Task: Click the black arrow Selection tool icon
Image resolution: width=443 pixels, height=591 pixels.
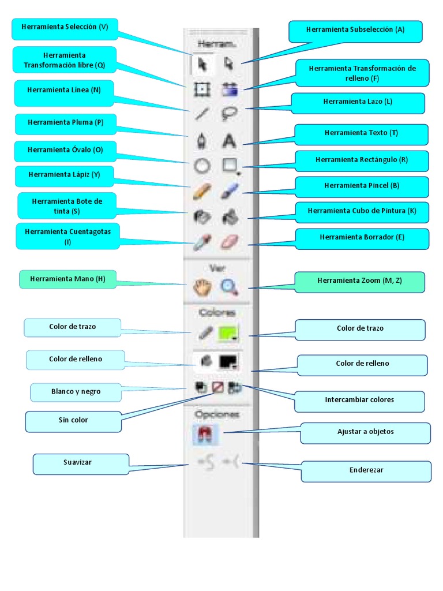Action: point(202,64)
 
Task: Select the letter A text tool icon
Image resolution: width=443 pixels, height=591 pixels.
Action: point(229,140)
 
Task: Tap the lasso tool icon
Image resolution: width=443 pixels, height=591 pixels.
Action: point(229,114)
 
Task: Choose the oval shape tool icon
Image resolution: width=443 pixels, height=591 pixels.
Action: point(201,166)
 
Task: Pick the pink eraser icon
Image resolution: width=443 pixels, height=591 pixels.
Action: point(229,242)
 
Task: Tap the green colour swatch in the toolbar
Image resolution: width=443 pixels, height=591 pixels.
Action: point(229,333)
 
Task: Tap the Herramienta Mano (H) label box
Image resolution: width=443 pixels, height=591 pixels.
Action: point(68,279)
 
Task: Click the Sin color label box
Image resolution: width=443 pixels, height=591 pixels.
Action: point(73,421)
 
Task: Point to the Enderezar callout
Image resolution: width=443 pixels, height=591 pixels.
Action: point(366,471)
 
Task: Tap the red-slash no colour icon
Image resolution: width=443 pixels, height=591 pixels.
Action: point(217,387)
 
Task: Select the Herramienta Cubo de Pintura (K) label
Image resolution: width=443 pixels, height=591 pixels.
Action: point(362,212)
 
